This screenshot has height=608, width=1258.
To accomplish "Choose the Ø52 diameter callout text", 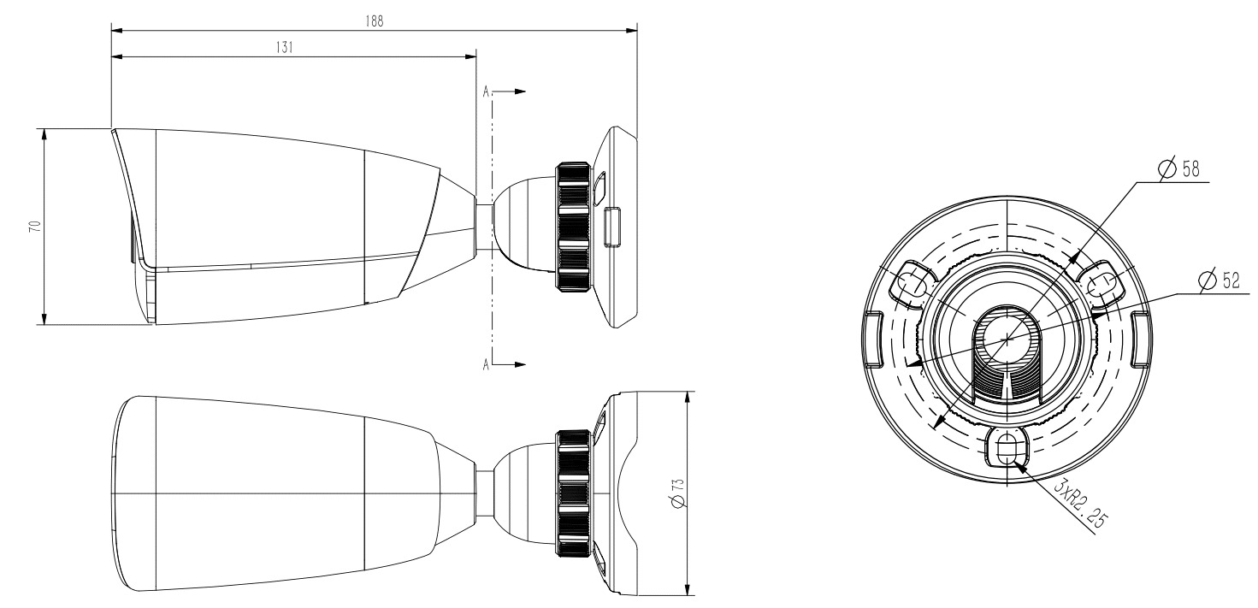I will [x=1224, y=280].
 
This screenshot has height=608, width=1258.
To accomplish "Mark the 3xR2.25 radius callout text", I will [x=1077, y=505].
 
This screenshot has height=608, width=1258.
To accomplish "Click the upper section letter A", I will [x=487, y=91].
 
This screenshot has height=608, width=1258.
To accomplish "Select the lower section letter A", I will [x=487, y=363].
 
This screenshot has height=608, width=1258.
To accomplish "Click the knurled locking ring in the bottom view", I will [x=572, y=494].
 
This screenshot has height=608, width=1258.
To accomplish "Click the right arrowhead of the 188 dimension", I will [x=632, y=32].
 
